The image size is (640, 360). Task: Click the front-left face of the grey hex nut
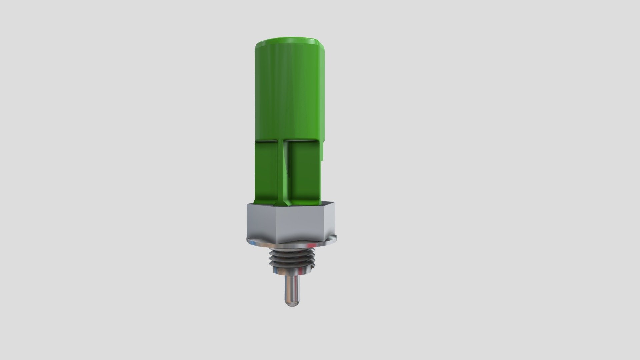[x=263, y=222]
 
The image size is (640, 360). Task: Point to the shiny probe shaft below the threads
[x=292, y=287]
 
